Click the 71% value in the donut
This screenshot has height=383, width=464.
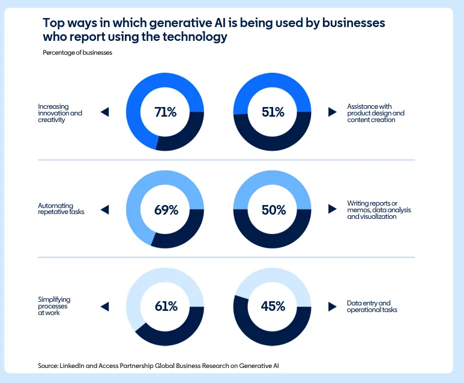tap(165, 112)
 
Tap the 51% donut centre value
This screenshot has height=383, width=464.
tap(273, 112)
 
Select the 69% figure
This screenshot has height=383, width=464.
tap(165, 210)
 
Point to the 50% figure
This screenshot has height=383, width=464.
tap(273, 210)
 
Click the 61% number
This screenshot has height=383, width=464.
tap(165, 306)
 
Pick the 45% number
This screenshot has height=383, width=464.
tap(273, 306)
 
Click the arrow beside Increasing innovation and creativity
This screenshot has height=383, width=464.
tap(105, 112)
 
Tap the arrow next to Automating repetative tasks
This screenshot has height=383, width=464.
tap(105, 210)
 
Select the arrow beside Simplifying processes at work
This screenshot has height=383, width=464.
tap(105, 306)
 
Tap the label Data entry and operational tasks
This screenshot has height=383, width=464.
tap(372, 306)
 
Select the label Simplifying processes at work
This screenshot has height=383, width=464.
tap(55, 306)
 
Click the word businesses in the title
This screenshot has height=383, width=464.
tap(349, 23)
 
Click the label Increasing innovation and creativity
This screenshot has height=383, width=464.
tap(60, 112)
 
